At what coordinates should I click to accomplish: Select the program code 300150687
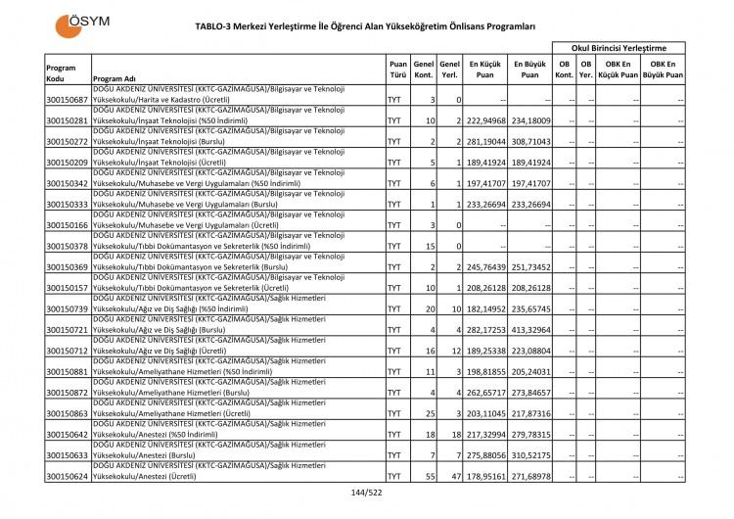(x=67, y=100)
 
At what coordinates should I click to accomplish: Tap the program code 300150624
(x=67, y=476)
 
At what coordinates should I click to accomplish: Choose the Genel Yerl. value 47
(x=454, y=476)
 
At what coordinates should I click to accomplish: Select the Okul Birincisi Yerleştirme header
(x=619, y=47)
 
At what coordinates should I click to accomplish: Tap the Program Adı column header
(x=114, y=79)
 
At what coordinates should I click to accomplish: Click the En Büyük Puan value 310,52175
(x=529, y=455)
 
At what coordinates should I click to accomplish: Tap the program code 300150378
(x=67, y=246)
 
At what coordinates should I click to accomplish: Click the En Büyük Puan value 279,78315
(x=529, y=434)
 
